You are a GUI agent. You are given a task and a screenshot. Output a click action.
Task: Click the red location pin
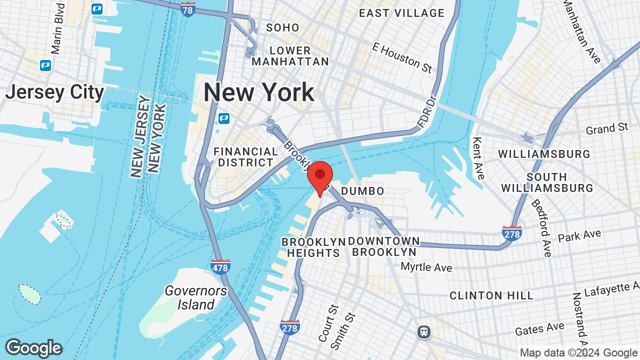coord(320,176)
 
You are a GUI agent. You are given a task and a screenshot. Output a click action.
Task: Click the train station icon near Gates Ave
coord(424,331)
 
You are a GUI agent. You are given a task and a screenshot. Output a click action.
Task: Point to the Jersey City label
coord(54,92)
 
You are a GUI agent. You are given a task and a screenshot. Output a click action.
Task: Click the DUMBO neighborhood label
coord(362,191)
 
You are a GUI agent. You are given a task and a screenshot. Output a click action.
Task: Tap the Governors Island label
coord(196,297)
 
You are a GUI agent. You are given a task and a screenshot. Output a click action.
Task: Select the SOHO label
coord(282,27)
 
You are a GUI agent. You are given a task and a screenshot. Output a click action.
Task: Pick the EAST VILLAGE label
coord(401,13)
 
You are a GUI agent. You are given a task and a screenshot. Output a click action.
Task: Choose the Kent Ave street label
coord(478,158)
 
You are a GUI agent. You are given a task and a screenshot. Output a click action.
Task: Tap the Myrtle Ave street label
coord(426,267)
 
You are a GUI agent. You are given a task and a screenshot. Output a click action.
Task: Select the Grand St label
coord(607,129)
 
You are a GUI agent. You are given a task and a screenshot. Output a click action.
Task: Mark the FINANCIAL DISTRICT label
coord(245,157)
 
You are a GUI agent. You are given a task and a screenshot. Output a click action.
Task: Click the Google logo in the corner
coord(33,348)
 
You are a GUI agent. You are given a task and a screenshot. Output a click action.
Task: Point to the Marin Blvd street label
coord(58,28)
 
